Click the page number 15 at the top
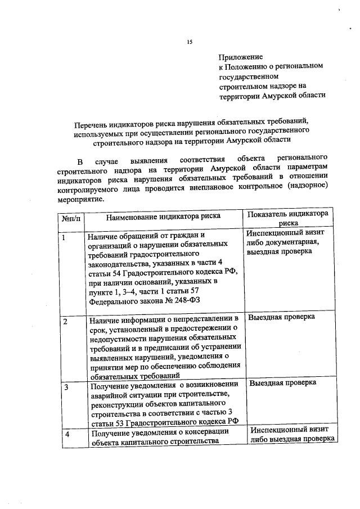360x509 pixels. [190, 42]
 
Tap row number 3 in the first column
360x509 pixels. [66, 388]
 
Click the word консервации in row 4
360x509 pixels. [206, 431]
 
